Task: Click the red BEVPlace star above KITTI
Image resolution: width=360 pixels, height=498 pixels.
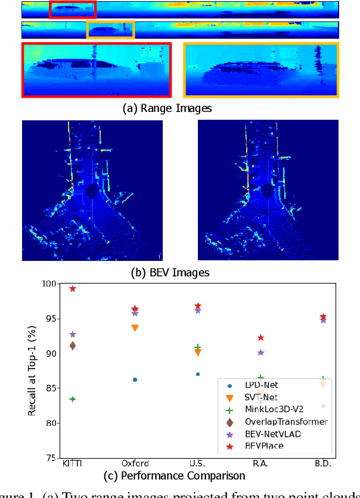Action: click(x=73, y=288)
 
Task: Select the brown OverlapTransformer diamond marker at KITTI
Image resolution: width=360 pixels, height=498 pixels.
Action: click(x=73, y=346)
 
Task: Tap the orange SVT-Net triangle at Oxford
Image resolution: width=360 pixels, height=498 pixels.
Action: click(x=135, y=328)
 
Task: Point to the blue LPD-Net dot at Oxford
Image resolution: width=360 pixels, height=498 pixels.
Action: click(x=135, y=379)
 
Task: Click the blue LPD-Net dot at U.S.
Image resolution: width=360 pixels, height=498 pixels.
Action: click(x=198, y=374)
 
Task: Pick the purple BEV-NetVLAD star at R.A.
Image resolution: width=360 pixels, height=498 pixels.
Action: click(x=260, y=352)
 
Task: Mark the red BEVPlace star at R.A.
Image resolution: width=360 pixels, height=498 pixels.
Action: click(x=260, y=338)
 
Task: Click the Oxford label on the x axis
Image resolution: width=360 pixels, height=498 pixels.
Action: click(x=135, y=463)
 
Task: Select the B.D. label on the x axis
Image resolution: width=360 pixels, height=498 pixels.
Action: click(x=323, y=463)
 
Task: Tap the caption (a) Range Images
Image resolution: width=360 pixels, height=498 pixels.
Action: click(x=167, y=108)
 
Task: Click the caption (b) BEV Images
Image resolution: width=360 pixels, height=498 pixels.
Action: click(x=170, y=273)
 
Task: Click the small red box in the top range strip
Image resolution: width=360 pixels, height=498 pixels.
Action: click(x=72, y=9)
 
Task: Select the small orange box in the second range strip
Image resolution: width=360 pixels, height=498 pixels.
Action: click(x=110, y=30)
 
